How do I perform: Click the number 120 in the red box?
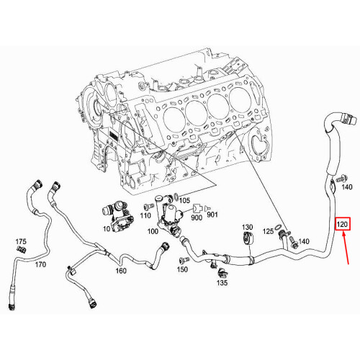coord(343,225)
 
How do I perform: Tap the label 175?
coord(21,240)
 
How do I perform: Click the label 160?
coord(120,271)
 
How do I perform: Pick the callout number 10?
coord(106,229)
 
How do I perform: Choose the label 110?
coord(146,215)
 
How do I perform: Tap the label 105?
coord(184,200)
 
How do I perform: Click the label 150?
coord(183,269)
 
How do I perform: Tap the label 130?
coord(247,227)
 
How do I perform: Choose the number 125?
coord(268,232)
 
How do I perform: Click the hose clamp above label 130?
coord(247,239)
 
